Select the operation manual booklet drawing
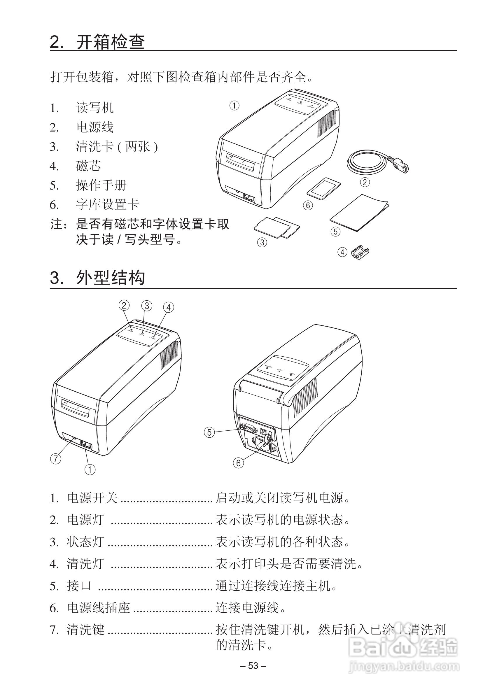(x=359, y=213)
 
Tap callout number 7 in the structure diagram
(x=56, y=458)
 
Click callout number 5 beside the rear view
(x=209, y=432)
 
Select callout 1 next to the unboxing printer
(x=234, y=106)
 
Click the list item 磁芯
(x=88, y=166)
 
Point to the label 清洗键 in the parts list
(x=85, y=630)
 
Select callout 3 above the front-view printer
(x=147, y=306)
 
